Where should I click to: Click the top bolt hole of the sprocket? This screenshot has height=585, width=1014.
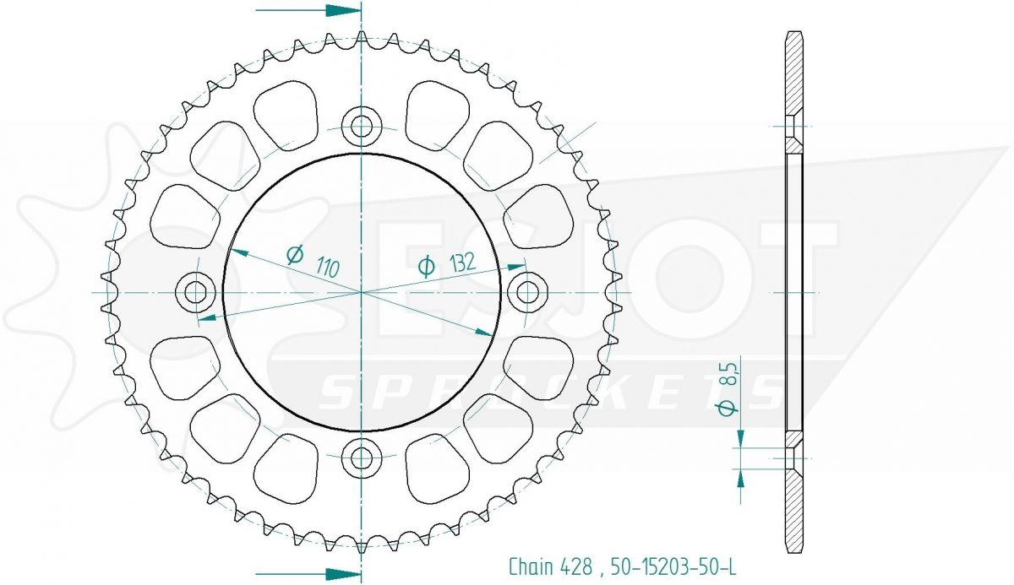pos(362,126)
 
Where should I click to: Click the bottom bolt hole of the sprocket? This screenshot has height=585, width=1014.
pos(362,458)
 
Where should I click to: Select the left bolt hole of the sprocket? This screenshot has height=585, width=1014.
pos(195,292)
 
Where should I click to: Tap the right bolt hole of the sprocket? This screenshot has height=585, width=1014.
pos(527,292)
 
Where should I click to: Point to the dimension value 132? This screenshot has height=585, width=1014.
pos(463,263)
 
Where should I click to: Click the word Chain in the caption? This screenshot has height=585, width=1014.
pos(531,566)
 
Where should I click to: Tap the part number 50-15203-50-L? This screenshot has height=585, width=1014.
pos(673,566)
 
